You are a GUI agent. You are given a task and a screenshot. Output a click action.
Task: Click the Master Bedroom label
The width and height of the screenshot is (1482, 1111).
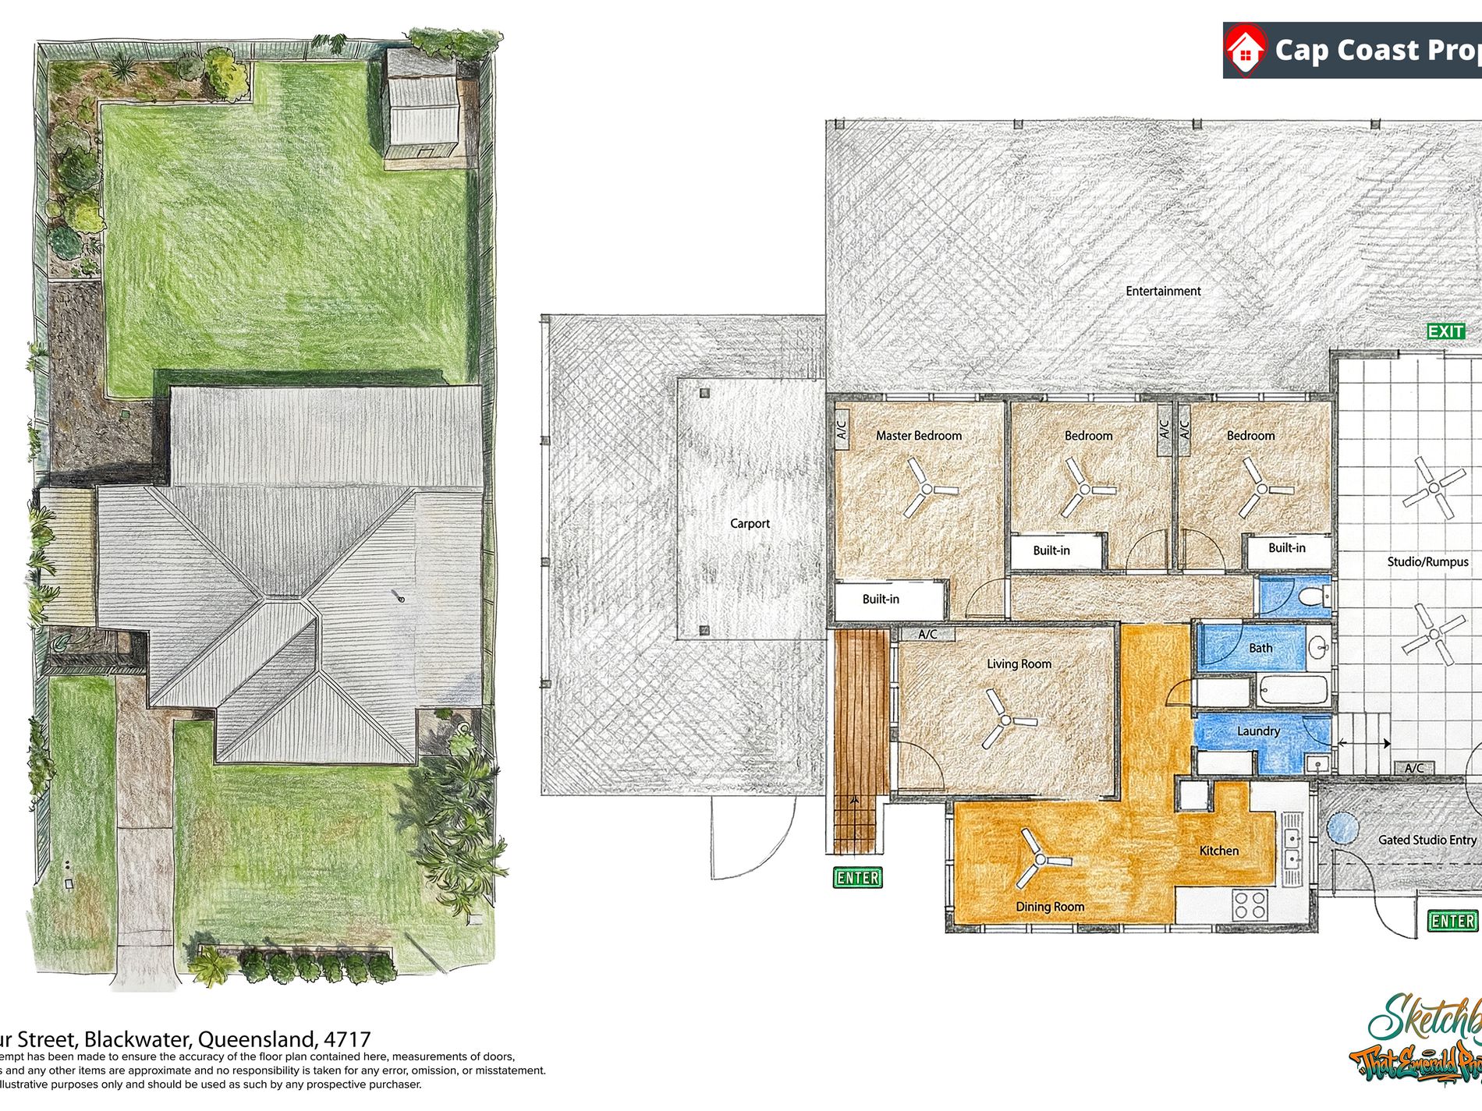click(918, 436)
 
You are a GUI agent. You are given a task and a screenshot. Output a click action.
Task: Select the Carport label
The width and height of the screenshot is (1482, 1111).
click(750, 523)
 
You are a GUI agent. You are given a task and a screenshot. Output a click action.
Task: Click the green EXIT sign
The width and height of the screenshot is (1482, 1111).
click(1445, 332)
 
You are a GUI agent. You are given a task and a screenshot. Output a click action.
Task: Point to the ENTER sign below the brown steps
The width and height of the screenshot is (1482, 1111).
click(857, 878)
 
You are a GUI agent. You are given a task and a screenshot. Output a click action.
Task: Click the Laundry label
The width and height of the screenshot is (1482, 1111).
click(1258, 731)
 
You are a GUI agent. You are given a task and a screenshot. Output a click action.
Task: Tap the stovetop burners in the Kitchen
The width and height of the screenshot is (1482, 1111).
click(1250, 905)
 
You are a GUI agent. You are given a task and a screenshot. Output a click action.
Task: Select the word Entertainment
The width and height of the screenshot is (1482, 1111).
click(1163, 291)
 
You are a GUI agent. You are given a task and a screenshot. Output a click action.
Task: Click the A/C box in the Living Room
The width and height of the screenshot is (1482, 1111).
click(927, 635)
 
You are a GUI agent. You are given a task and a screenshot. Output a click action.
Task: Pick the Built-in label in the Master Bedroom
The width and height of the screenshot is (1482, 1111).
click(881, 600)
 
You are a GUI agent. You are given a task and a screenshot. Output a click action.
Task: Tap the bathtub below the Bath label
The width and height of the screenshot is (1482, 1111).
click(1292, 690)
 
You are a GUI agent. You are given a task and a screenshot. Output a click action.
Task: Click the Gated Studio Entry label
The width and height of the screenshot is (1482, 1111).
click(1427, 840)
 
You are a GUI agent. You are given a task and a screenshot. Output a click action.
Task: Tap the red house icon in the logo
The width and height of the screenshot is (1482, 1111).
click(1246, 50)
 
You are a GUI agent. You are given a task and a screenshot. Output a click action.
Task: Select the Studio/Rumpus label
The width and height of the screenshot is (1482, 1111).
click(1427, 561)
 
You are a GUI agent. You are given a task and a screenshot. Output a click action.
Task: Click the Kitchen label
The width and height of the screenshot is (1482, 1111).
click(1218, 851)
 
